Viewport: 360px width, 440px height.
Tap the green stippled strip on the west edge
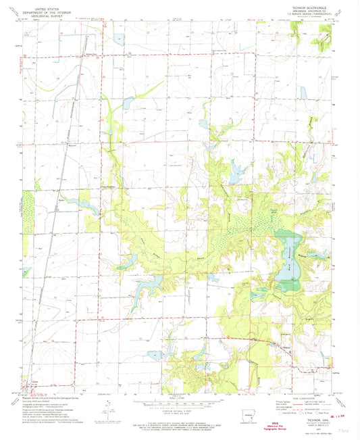pos(28,210)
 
